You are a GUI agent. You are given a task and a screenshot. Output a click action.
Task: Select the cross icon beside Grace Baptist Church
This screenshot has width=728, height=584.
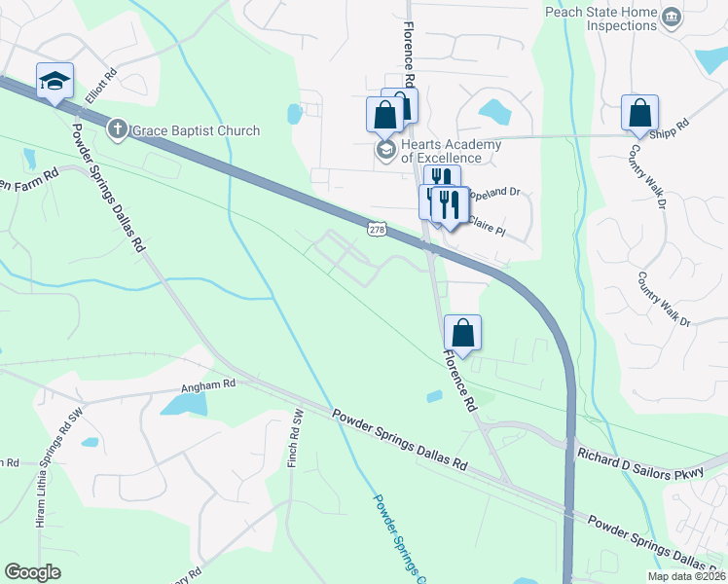click(117, 129)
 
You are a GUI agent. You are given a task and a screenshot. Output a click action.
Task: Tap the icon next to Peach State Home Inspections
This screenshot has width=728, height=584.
click(671, 18)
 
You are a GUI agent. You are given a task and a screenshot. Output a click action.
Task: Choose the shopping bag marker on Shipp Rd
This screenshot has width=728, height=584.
click(639, 114)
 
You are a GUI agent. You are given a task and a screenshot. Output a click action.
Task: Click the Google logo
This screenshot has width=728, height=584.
click(32, 572)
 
